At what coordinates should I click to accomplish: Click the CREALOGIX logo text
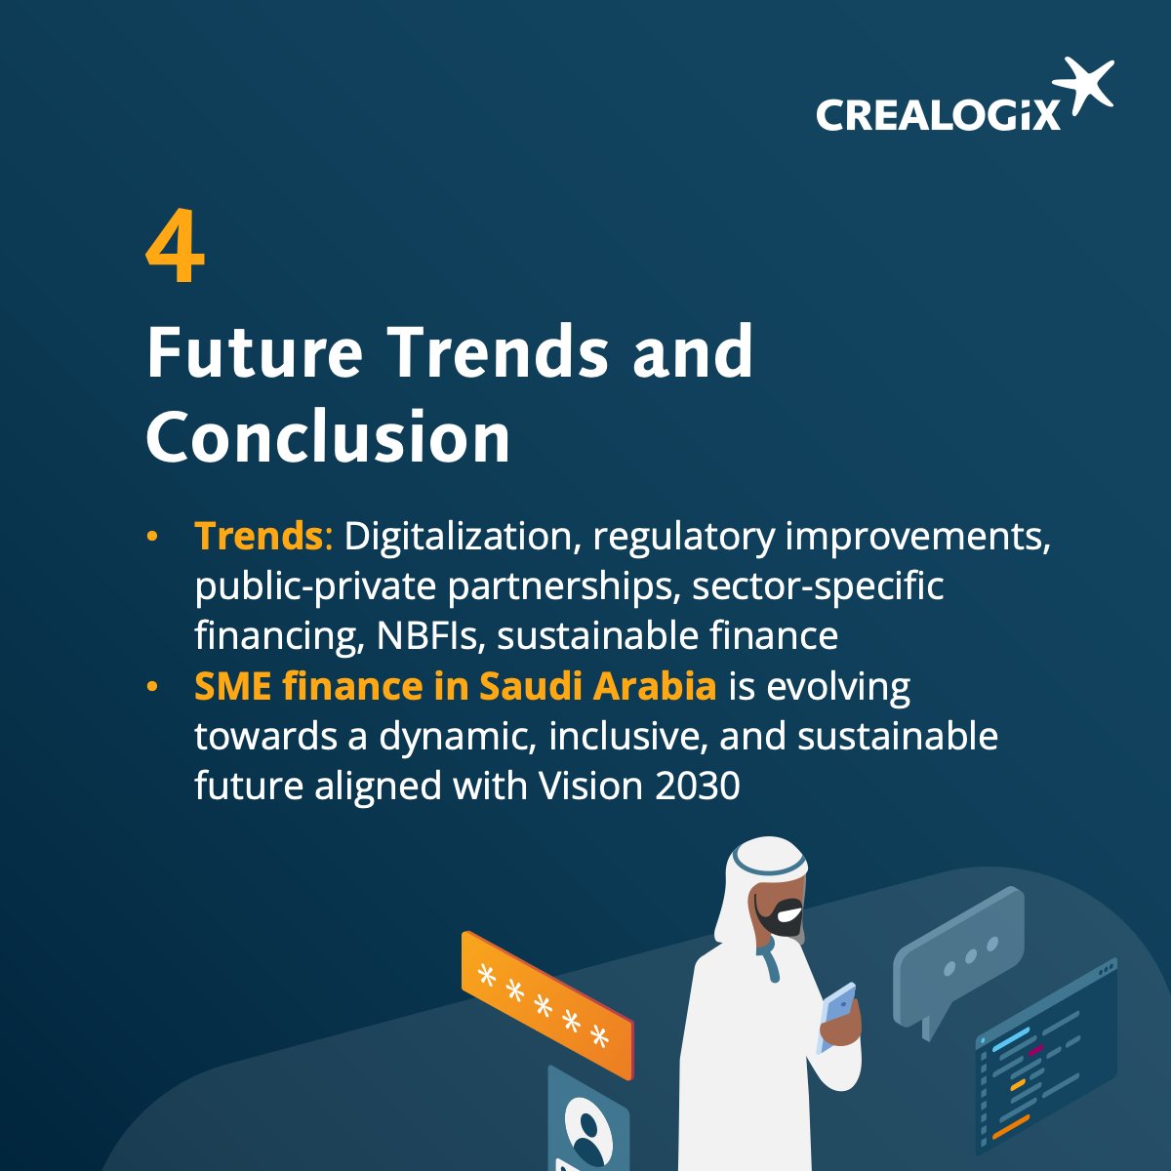[937, 114]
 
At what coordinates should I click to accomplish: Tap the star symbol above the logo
[1086, 86]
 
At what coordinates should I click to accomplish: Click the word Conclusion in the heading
[328, 438]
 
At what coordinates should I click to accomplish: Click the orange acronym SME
[232, 686]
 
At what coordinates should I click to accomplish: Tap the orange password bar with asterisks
[546, 1003]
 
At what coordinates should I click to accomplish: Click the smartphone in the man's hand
[837, 1015]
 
